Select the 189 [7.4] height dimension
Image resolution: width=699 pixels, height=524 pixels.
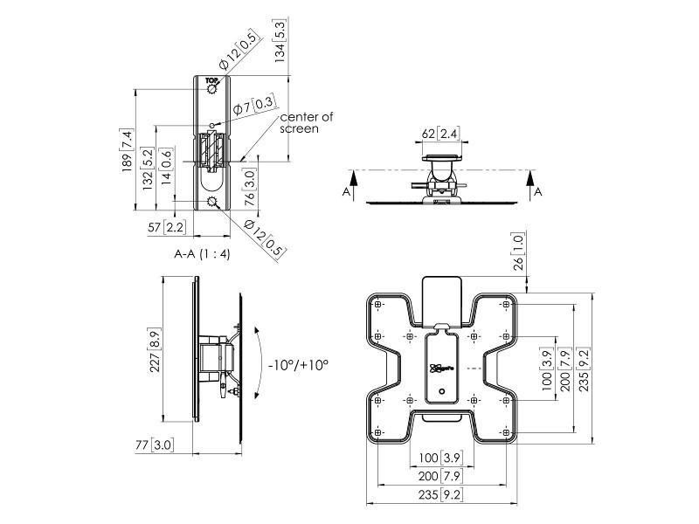tap(127, 149)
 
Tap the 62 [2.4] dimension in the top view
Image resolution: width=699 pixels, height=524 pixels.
tap(440, 134)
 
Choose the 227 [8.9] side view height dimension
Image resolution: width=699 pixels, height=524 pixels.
tap(155, 349)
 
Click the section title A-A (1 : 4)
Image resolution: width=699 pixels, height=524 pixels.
tap(202, 254)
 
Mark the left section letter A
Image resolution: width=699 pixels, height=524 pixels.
tap(347, 190)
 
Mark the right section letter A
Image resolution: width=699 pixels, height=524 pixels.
tap(537, 190)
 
